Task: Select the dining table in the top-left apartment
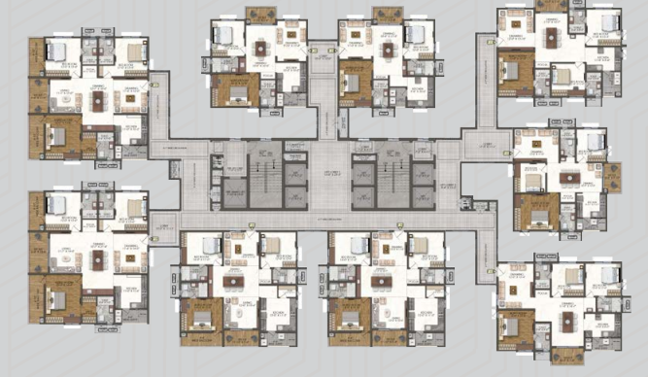pos(98,97)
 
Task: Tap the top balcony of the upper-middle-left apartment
pos(260,15)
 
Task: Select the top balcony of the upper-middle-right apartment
pos(388,15)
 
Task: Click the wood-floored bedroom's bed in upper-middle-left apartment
pos(235,90)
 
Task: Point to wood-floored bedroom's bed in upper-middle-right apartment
pos(353,81)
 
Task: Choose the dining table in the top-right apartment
pos(552,39)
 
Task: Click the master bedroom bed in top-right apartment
pos(512,68)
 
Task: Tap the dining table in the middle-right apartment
pos(569,178)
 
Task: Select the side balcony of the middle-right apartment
pos(613,176)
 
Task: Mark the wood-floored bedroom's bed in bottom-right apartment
pos(513,325)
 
